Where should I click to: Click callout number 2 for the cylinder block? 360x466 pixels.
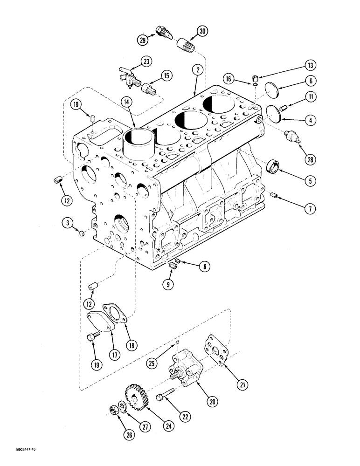[198, 70]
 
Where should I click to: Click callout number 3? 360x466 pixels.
[68, 225]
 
